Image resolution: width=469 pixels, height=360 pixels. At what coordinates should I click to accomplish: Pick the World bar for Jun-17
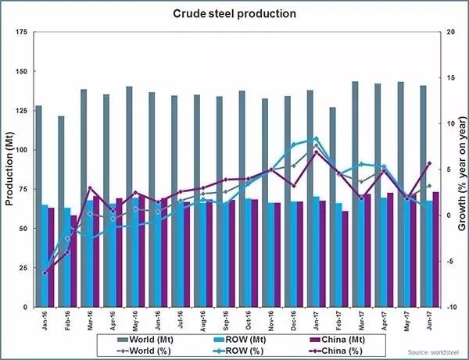point(423,196)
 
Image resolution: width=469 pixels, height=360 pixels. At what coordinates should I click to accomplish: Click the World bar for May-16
point(129,196)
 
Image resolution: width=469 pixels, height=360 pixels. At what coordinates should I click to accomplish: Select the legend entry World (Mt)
point(149,340)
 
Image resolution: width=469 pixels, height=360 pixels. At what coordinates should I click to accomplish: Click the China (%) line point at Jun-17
point(428,163)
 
